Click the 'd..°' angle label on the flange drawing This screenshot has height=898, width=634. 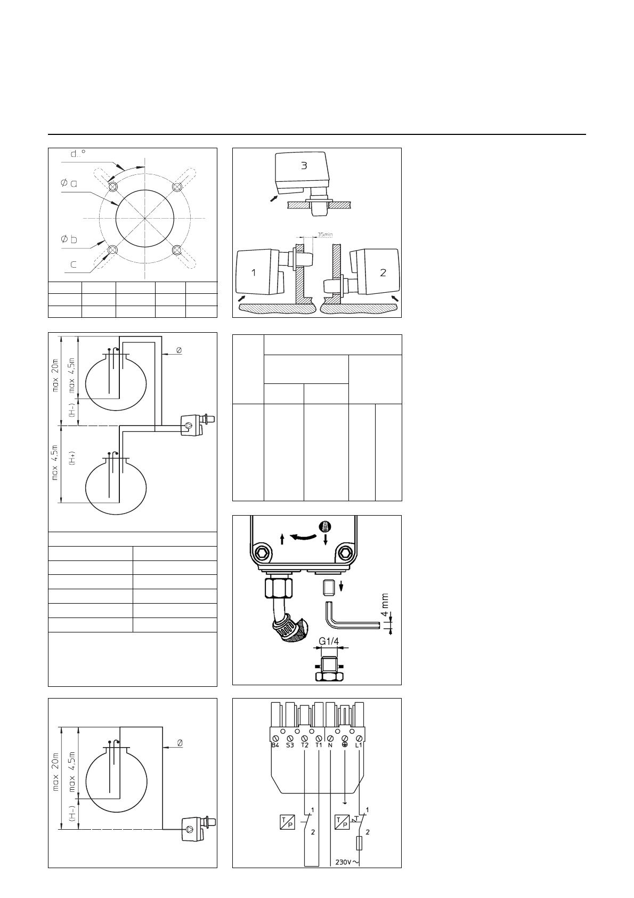(78, 154)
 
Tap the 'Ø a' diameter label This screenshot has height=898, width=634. (69, 183)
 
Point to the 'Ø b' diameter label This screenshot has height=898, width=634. (69, 239)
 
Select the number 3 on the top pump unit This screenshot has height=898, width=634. (304, 165)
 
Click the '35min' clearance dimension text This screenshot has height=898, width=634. (325, 234)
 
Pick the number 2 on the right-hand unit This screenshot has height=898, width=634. (383, 272)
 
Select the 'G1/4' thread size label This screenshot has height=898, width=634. (329, 641)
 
